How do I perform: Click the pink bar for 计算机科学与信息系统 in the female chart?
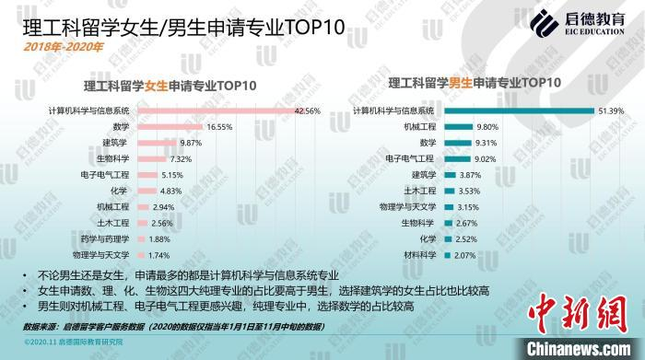click(216, 110)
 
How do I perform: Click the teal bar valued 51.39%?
click(517, 110)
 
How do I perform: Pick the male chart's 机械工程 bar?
click(457, 127)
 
